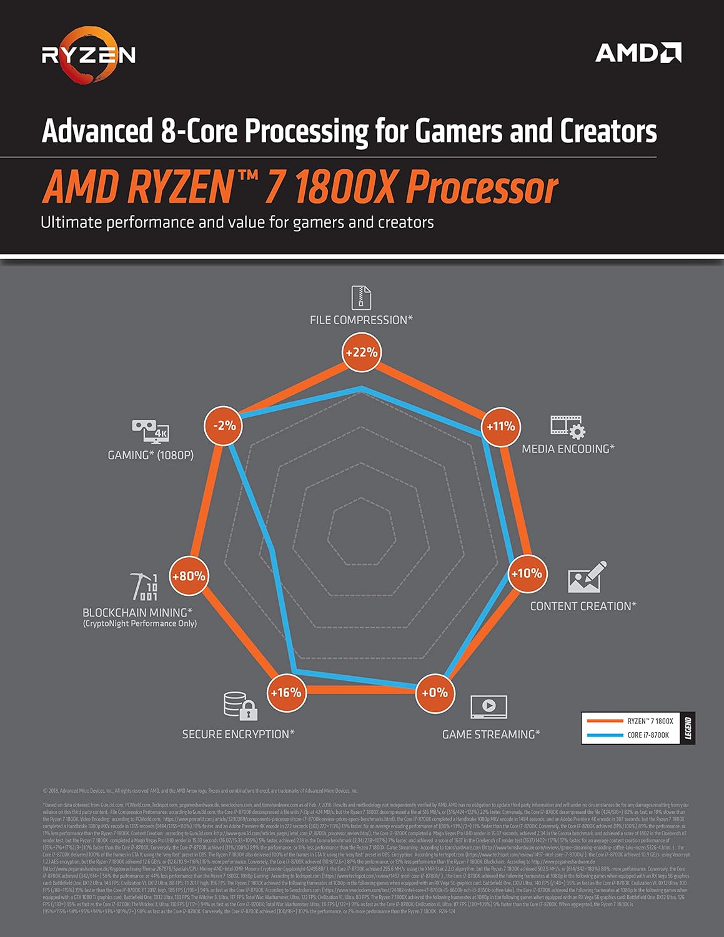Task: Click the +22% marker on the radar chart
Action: click(361, 352)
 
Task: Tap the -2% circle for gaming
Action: click(224, 426)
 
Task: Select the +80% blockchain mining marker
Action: click(189, 576)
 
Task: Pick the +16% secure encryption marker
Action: click(285, 693)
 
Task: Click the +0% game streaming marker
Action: click(434, 693)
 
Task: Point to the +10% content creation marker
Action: click(527, 573)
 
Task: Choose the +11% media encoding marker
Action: click(500, 427)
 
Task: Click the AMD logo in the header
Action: click(638, 53)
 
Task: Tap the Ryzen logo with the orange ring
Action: click(88, 55)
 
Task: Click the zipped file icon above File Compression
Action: click(361, 297)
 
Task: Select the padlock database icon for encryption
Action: click(241, 705)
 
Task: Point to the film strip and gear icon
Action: click(567, 427)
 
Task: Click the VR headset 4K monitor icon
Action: click(151, 431)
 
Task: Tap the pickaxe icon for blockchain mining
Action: click(145, 586)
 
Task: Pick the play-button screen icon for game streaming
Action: click(488, 706)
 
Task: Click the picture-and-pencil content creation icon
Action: click(587, 577)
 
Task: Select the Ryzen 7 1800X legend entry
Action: click(631, 721)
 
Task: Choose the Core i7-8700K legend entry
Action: click(631, 735)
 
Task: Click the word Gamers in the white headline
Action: click(459, 131)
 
